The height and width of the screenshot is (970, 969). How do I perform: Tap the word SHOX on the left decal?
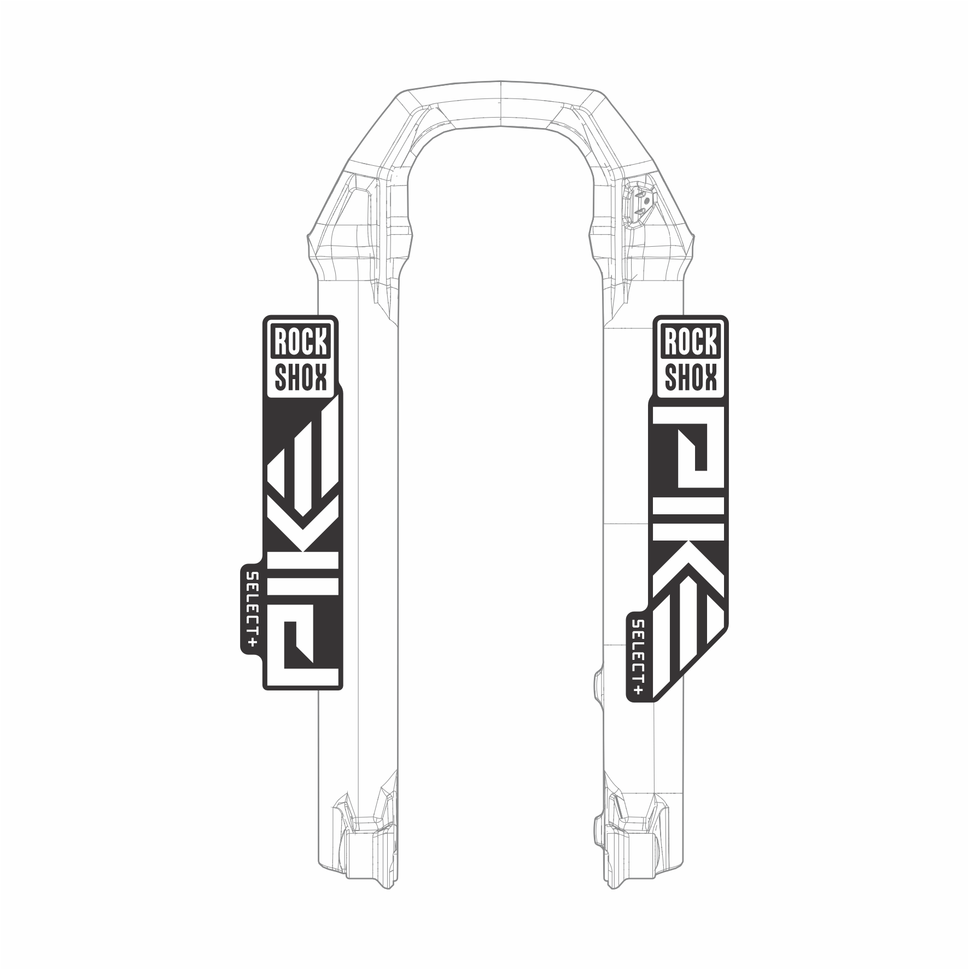click(301, 377)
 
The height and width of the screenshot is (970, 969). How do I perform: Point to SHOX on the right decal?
click(691, 377)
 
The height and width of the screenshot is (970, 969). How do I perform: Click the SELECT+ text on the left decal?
click(252, 610)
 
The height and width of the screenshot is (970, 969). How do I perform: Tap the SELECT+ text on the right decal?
click(638, 657)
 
